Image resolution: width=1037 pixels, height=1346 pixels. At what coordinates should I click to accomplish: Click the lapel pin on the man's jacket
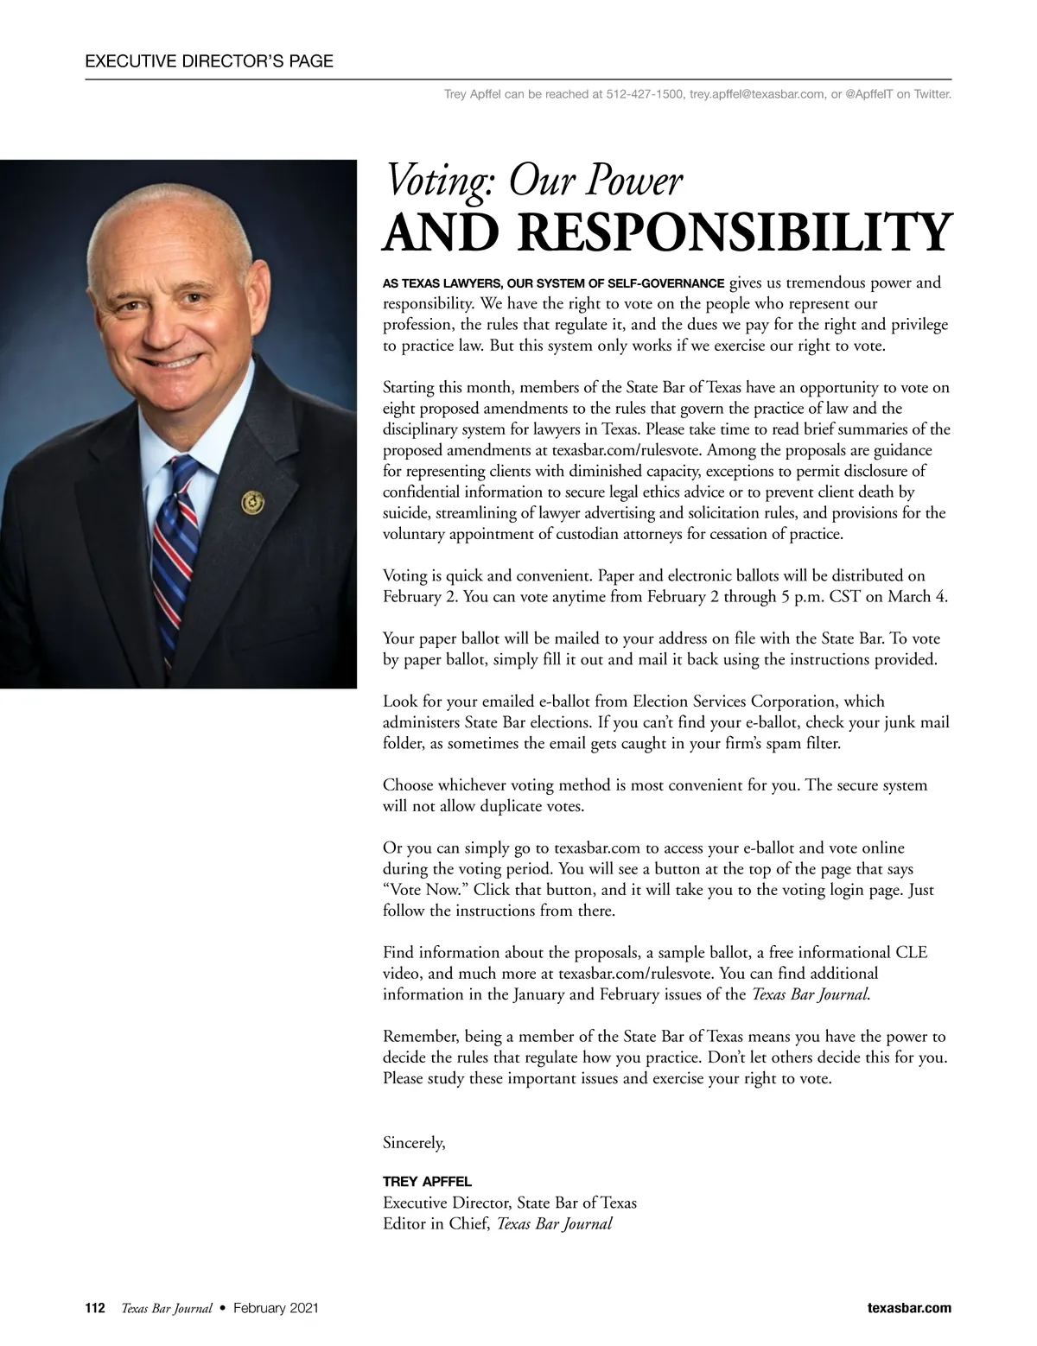251,500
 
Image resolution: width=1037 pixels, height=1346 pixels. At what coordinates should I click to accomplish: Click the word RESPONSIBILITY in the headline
732,232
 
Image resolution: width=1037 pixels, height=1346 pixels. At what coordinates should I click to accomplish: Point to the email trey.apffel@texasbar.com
757,93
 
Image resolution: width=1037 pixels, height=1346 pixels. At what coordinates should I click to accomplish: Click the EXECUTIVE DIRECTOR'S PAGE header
209,61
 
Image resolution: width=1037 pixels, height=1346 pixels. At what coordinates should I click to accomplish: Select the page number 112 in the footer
95,1308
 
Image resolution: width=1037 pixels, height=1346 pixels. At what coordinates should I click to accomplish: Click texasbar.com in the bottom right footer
908,1308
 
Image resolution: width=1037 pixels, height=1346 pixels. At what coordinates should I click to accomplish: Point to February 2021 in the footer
276,1308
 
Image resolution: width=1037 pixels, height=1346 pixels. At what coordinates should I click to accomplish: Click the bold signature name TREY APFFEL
427,1181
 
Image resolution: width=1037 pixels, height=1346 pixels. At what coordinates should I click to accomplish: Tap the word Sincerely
414,1143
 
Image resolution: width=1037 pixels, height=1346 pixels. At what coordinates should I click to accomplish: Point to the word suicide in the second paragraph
407,513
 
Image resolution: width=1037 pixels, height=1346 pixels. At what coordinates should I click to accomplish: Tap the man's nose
162,326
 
